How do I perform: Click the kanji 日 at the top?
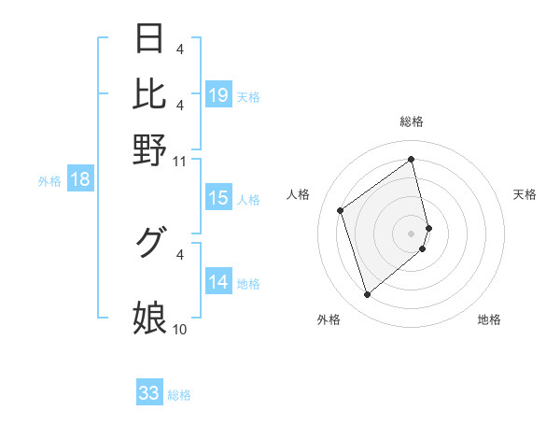150,40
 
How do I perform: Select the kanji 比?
150,93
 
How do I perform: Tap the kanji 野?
150,148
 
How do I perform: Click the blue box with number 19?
218,95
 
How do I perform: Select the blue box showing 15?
218,198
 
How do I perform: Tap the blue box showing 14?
218,282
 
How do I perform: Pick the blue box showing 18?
80,180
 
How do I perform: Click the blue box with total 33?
149,393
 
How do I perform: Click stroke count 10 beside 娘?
179,329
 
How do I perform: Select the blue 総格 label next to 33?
179,395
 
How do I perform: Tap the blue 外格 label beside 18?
49,181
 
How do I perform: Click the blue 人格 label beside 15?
248,199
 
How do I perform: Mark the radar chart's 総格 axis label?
411,121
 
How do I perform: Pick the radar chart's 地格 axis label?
489,319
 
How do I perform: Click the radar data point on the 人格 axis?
341,210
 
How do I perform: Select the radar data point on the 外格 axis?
367,295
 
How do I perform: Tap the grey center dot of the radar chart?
412,233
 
